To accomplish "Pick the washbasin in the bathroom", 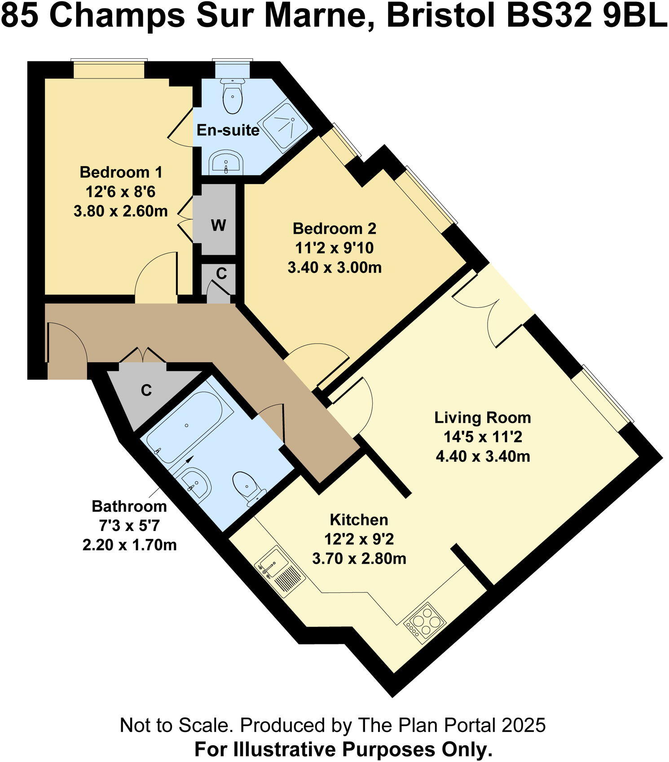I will click(196, 482).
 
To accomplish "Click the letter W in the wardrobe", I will click(218, 225).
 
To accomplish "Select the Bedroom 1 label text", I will click(121, 172).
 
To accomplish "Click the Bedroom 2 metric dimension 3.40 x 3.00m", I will click(334, 267).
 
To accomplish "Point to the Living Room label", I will click(482, 417).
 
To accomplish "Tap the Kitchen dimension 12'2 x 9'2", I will click(359, 539).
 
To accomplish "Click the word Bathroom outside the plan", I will click(129, 506).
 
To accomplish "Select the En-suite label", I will click(228, 130).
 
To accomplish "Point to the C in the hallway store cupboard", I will click(146, 390).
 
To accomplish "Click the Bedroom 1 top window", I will click(109, 70).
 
